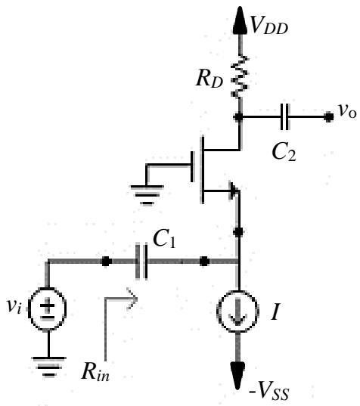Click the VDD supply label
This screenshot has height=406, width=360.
[x=269, y=26]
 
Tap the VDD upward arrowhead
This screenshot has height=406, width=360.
[x=240, y=20]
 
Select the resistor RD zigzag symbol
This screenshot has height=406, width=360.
[x=240, y=76]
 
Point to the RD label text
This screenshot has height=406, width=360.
[x=209, y=79]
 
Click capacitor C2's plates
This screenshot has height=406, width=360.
[x=285, y=117]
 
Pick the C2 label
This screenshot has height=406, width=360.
[x=284, y=152]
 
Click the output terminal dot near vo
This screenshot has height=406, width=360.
[x=329, y=117]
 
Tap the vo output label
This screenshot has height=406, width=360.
[x=347, y=111]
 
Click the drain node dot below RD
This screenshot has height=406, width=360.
[x=238, y=117]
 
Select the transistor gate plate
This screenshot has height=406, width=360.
[x=192, y=167]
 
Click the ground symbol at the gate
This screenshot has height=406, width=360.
[x=147, y=195]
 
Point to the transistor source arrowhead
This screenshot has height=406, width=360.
[x=234, y=191]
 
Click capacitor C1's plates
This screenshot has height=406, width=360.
[x=141, y=261]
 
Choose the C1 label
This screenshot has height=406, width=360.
[x=164, y=238]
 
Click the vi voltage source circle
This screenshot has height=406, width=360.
[x=48, y=308]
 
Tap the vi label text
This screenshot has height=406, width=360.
[x=14, y=306]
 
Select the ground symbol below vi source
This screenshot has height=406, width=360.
[x=48, y=367]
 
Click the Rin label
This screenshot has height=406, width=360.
[x=95, y=372]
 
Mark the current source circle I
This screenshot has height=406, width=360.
[x=237, y=311]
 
